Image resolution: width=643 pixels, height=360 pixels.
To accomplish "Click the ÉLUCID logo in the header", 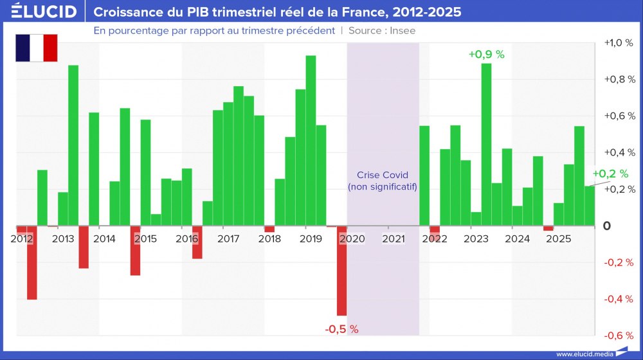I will (x=44, y=12).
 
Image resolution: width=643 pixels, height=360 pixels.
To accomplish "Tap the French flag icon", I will (x=37, y=48).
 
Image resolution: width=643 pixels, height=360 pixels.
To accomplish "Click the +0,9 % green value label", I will (x=487, y=55).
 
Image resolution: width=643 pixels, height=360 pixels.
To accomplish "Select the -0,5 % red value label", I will (x=341, y=329).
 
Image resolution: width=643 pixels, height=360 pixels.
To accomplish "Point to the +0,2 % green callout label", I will (x=608, y=174).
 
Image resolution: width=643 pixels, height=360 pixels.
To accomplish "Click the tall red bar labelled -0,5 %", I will (x=341, y=271).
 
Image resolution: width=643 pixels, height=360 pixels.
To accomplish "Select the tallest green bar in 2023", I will (x=486, y=145).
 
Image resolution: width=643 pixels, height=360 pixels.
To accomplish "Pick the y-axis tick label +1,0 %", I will (x=619, y=43).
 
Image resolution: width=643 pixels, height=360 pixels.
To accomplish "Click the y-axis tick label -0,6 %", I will (x=619, y=336).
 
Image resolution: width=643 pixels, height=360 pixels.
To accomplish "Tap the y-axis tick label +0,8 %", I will (x=619, y=80).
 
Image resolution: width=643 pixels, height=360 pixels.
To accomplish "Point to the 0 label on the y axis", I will (x=624, y=226).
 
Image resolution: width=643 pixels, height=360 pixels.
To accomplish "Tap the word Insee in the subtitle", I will (x=403, y=31).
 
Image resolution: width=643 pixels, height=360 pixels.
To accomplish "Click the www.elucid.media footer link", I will (x=583, y=354).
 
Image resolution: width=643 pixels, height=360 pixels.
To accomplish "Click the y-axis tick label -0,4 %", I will (x=619, y=299).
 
